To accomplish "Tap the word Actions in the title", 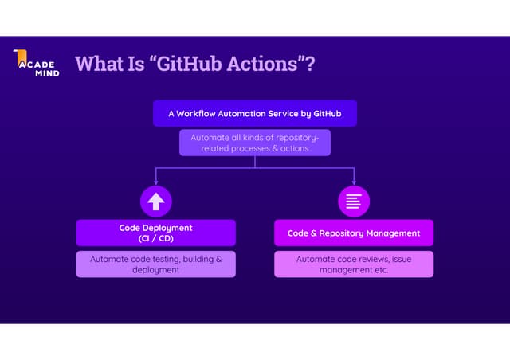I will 262,64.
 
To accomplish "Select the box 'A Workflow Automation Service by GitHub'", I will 254,114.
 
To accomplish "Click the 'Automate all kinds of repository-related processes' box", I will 254,143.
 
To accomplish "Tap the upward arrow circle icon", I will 155,201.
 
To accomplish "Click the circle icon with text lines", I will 354,201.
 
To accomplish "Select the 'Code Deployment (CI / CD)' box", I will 155,233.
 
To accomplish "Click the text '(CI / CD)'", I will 155,238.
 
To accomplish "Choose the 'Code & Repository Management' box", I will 354,233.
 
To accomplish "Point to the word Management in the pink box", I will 393,233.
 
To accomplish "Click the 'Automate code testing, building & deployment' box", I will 155,264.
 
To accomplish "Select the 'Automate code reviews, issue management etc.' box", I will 354,264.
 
